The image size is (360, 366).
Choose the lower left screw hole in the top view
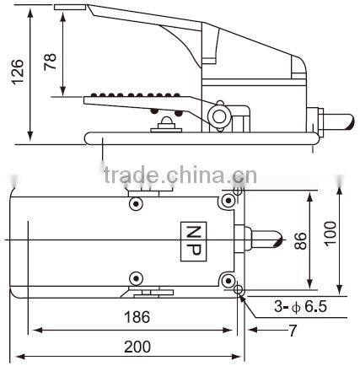(136, 279)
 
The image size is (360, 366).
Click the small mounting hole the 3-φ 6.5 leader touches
(239, 292)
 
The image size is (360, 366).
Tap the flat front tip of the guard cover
(67, 8)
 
